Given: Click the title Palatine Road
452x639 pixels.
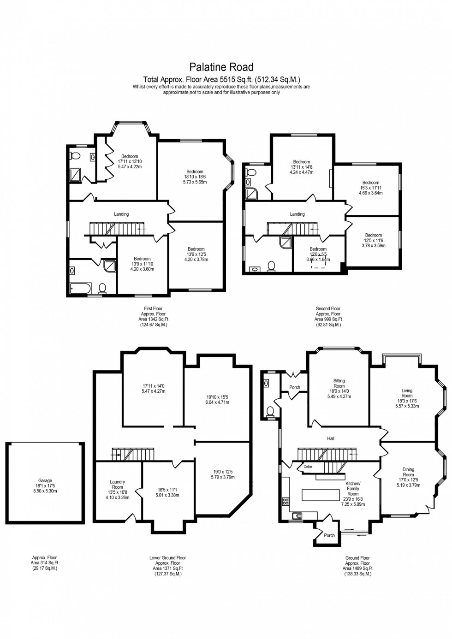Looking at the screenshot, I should pos(222,68).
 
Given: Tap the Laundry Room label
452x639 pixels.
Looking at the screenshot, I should pos(117,485).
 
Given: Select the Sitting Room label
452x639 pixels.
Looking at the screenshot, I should pos(339,384).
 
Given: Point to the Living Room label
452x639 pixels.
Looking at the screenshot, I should pos(407,393).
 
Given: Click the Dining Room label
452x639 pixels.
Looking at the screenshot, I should pos(408,472).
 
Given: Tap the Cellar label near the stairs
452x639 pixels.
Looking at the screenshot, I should pos(308,467).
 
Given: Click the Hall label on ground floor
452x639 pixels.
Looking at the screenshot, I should pos(331,438).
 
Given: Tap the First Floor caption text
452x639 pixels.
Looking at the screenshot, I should pos(153,309).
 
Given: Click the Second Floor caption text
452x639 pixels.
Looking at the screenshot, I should pos(328,309).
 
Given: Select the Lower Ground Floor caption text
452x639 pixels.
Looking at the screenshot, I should pos(167,558).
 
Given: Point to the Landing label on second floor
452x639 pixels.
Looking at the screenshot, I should pos(297,214).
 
